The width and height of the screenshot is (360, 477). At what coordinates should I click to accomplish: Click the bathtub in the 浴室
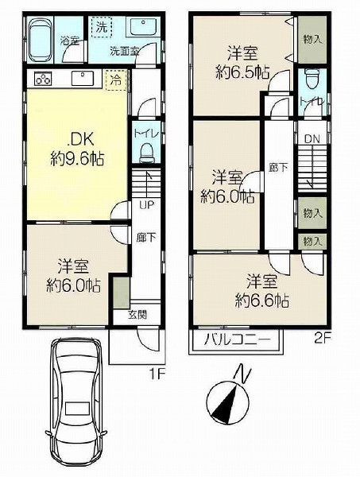coord(41,40)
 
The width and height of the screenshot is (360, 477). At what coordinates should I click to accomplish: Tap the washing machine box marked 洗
coord(102,27)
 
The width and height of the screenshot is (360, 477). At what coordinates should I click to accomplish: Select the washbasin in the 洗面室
coord(144,27)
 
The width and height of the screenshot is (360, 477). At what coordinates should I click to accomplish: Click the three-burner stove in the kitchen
coord(43,79)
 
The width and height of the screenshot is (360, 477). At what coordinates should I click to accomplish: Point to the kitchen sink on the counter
coord(83,79)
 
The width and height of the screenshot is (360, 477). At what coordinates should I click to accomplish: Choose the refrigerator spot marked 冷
coord(116,80)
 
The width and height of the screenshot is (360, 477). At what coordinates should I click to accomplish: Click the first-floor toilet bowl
coord(147,153)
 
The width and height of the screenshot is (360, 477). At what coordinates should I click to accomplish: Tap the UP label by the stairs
coord(146,205)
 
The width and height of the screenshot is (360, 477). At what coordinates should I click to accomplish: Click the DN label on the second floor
coord(312,139)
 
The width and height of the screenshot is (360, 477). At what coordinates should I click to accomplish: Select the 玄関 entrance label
coord(137,315)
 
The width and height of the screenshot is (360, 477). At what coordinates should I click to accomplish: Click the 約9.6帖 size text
coord(77,159)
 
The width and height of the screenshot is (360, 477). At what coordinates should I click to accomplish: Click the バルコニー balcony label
coord(237,339)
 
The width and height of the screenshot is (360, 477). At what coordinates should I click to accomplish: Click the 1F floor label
coord(157,374)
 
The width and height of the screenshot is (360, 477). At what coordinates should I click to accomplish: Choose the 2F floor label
coord(323,339)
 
